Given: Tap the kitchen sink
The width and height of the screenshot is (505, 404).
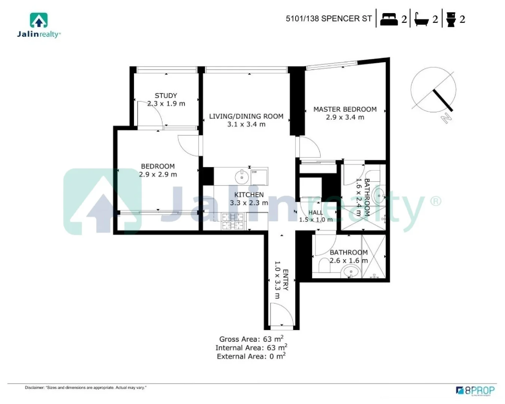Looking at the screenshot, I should click(x=241, y=177).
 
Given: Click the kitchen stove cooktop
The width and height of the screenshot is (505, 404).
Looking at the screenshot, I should click(x=232, y=221).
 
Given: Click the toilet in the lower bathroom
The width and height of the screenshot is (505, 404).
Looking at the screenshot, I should click(x=324, y=266).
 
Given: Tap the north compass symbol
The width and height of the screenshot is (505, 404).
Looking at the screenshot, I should click(x=434, y=92).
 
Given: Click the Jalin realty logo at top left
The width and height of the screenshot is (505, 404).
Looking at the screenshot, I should click(x=39, y=25).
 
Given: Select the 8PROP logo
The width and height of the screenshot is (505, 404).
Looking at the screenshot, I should click(x=475, y=391).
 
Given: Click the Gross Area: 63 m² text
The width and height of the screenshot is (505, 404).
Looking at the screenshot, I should click(x=251, y=339).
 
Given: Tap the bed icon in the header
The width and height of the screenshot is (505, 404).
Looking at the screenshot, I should click(x=389, y=19).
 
